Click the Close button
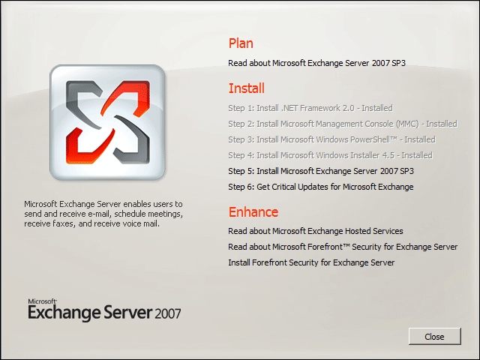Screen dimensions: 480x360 pyautogui.click(x=435, y=337)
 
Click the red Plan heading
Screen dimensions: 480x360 pyautogui.click(x=241, y=43)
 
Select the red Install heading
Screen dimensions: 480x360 pyautogui.click(x=247, y=88)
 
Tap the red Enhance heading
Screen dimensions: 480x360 pyautogui.click(x=253, y=211)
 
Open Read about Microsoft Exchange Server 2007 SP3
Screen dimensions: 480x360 pyautogui.click(x=316, y=63)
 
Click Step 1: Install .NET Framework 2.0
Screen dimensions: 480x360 pyautogui.click(x=310, y=108)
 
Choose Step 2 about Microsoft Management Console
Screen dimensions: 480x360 pyautogui.click(x=343, y=124)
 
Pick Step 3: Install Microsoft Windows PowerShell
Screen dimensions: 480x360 pyautogui.click(x=331, y=139)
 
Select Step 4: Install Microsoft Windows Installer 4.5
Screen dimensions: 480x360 pyautogui.click(x=330, y=155)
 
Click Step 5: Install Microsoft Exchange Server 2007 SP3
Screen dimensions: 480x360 pyautogui.click(x=321, y=171)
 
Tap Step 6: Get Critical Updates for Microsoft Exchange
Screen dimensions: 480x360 pyautogui.click(x=321, y=187)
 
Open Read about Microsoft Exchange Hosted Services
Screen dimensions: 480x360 pyautogui.click(x=316, y=231)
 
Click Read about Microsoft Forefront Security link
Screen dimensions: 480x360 pyautogui.click(x=343, y=247)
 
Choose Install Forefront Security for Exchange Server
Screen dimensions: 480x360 pyautogui.click(x=311, y=262)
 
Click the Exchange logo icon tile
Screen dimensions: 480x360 pyautogui.click(x=107, y=122)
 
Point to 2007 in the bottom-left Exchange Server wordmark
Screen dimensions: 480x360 pyautogui.click(x=168, y=313)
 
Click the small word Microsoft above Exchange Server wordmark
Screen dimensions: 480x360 pyautogui.click(x=42, y=301)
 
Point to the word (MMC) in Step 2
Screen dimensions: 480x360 pyautogui.click(x=407, y=124)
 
